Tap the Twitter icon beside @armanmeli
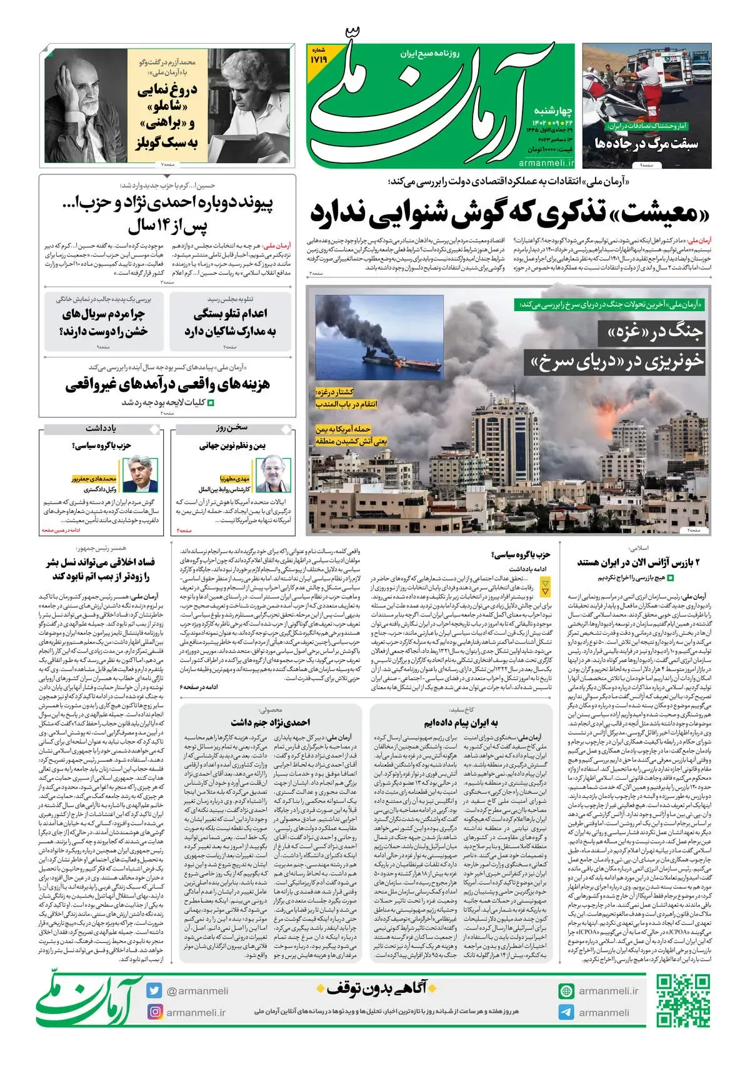pyautogui.click(x=155, y=990)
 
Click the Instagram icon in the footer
pyautogui.click(x=155, y=1012)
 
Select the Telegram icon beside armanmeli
pyautogui.click(x=566, y=1012)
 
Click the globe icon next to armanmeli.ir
pyautogui.click(x=566, y=990)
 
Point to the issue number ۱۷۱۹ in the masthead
pyautogui.click(x=319, y=59)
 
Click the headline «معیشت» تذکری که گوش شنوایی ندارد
pyautogui.click(x=511, y=214)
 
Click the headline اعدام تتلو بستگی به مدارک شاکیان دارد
pyautogui.click(x=230, y=322)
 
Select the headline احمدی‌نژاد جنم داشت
pyautogui.click(x=270, y=722)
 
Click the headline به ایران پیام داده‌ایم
pyautogui.click(x=461, y=722)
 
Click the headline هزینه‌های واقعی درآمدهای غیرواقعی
pyautogui.click(x=167, y=384)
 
